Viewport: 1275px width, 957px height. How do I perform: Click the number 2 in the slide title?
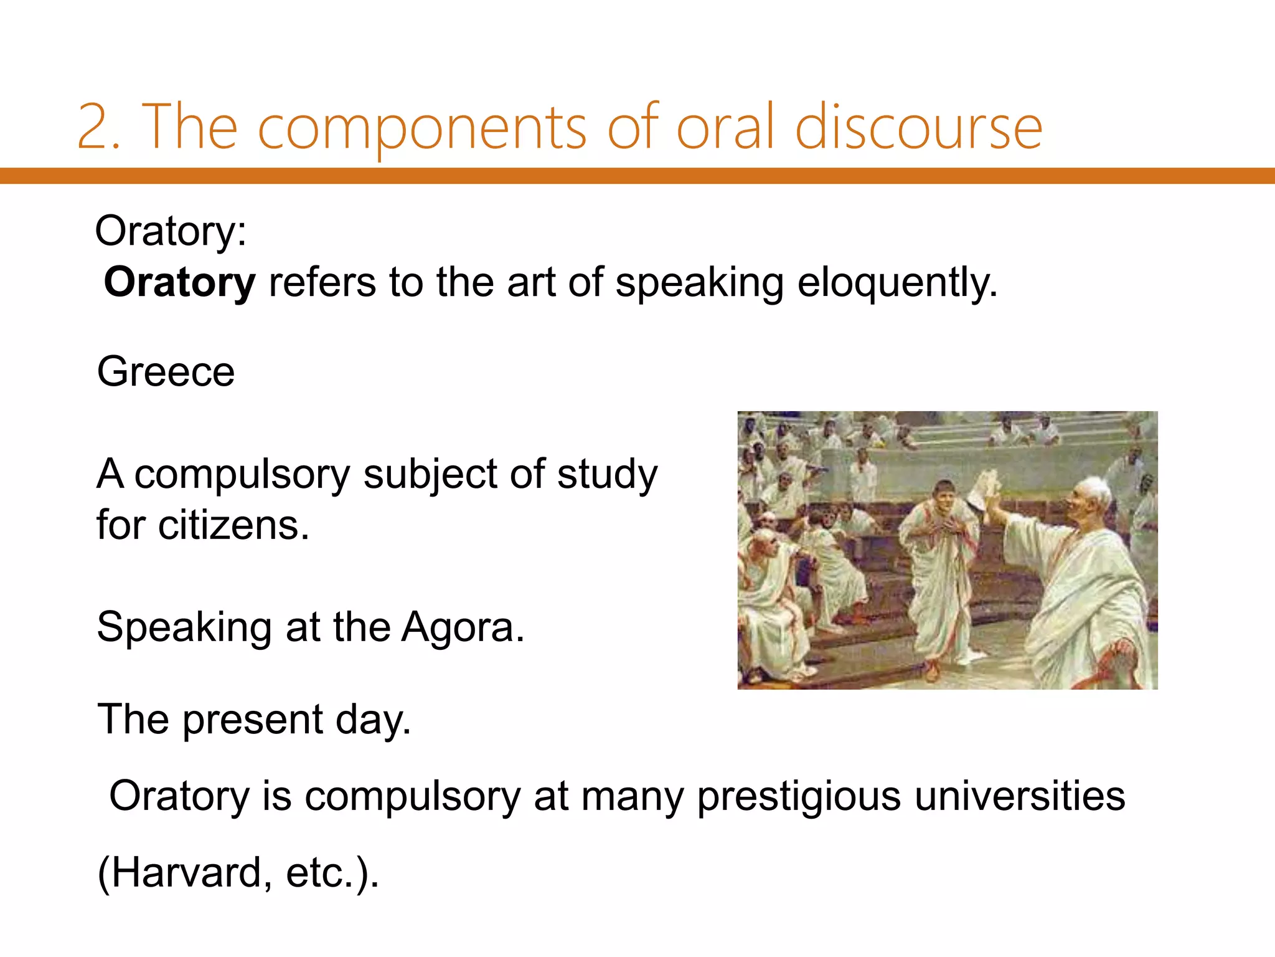[94, 128]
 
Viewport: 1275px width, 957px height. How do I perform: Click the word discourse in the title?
[918, 128]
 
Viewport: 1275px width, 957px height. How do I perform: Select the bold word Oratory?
[179, 283]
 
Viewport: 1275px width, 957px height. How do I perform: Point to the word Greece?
[166, 372]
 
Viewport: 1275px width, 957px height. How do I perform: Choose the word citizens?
[233, 525]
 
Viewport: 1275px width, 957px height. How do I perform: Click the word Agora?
[462, 627]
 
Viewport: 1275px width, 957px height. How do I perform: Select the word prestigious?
[798, 797]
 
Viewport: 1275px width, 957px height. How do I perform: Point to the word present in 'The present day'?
[252, 720]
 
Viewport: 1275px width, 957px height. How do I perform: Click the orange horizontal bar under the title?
[637, 176]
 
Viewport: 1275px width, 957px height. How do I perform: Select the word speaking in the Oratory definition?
[699, 283]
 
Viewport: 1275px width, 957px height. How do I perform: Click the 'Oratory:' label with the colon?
[171, 231]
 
